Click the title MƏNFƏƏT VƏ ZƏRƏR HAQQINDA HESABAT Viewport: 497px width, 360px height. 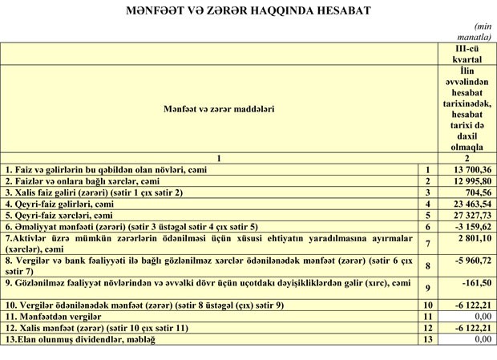coord(248,10)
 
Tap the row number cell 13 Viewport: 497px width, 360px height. coord(428,340)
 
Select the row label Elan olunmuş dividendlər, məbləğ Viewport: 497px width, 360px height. coord(80,340)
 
